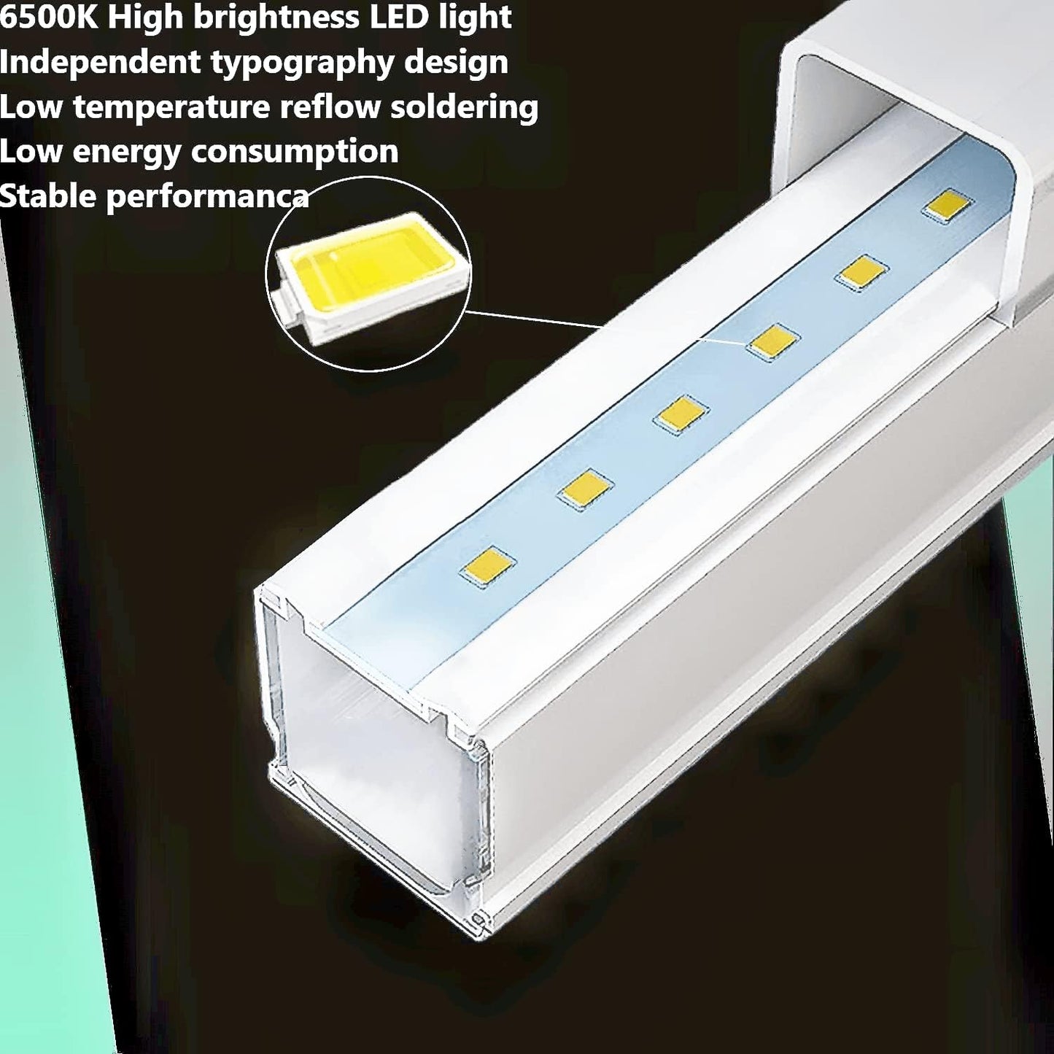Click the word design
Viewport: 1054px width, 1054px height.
click(456, 63)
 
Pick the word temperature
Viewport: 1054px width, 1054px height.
click(171, 108)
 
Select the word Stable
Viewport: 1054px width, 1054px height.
click(48, 197)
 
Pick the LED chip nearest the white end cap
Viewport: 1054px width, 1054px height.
click(947, 206)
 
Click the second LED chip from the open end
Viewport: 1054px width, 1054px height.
click(585, 489)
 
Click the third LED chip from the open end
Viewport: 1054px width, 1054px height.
click(680, 415)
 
